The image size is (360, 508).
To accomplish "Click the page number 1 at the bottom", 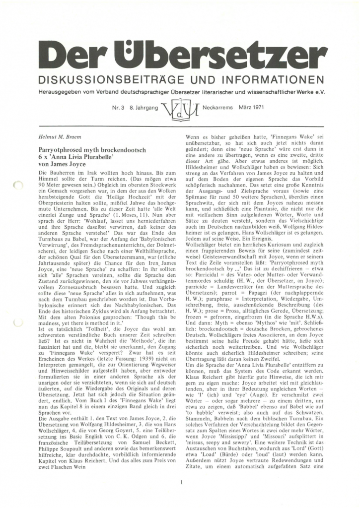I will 182,481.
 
